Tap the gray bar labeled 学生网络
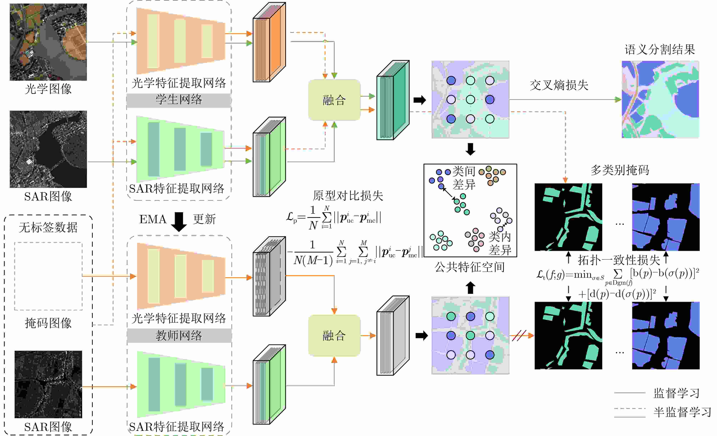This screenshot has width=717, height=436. [x=179, y=100]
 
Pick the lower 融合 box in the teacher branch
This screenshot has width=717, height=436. [x=334, y=336]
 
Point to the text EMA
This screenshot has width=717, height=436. [x=152, y=219]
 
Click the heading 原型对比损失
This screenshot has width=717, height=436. [x=348, y=196]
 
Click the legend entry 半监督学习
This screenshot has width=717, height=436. [x=682, y=412]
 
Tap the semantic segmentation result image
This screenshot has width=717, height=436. [x=660, y=100]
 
